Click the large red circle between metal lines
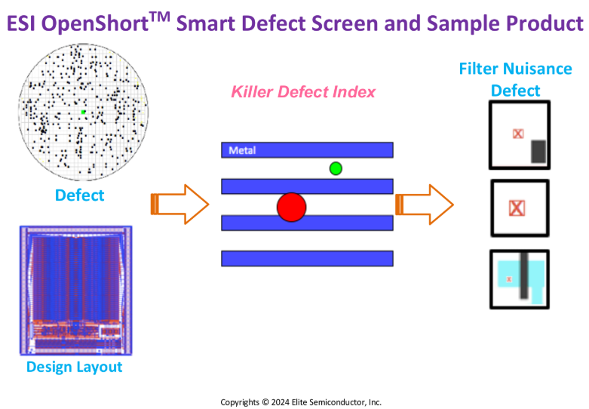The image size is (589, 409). pos(292,207)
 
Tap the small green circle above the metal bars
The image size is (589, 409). pos(336,168)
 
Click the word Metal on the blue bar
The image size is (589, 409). pos(242,150)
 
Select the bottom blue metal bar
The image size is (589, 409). pos(307,259)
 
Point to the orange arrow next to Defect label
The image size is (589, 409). pos(179,204)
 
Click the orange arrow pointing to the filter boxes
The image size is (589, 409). pos(425,204)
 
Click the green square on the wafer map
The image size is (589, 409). pos(84,112)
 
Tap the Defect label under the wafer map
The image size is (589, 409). pos(80,195)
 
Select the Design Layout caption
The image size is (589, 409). pos(75,367)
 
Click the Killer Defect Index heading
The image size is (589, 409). pos(303,92)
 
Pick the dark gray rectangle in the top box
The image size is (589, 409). pos(538,152)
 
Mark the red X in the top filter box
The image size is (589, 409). pos(518,134)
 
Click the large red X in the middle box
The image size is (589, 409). pos(517,208)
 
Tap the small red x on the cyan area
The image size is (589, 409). pos(509,279)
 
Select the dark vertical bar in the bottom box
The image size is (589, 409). pos(524,275)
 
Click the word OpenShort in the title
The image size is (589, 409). pos(95,24)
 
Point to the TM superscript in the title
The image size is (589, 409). pos(160,17)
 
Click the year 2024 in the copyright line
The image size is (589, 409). pos(281,402)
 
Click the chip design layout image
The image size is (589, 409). pos(76,291)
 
